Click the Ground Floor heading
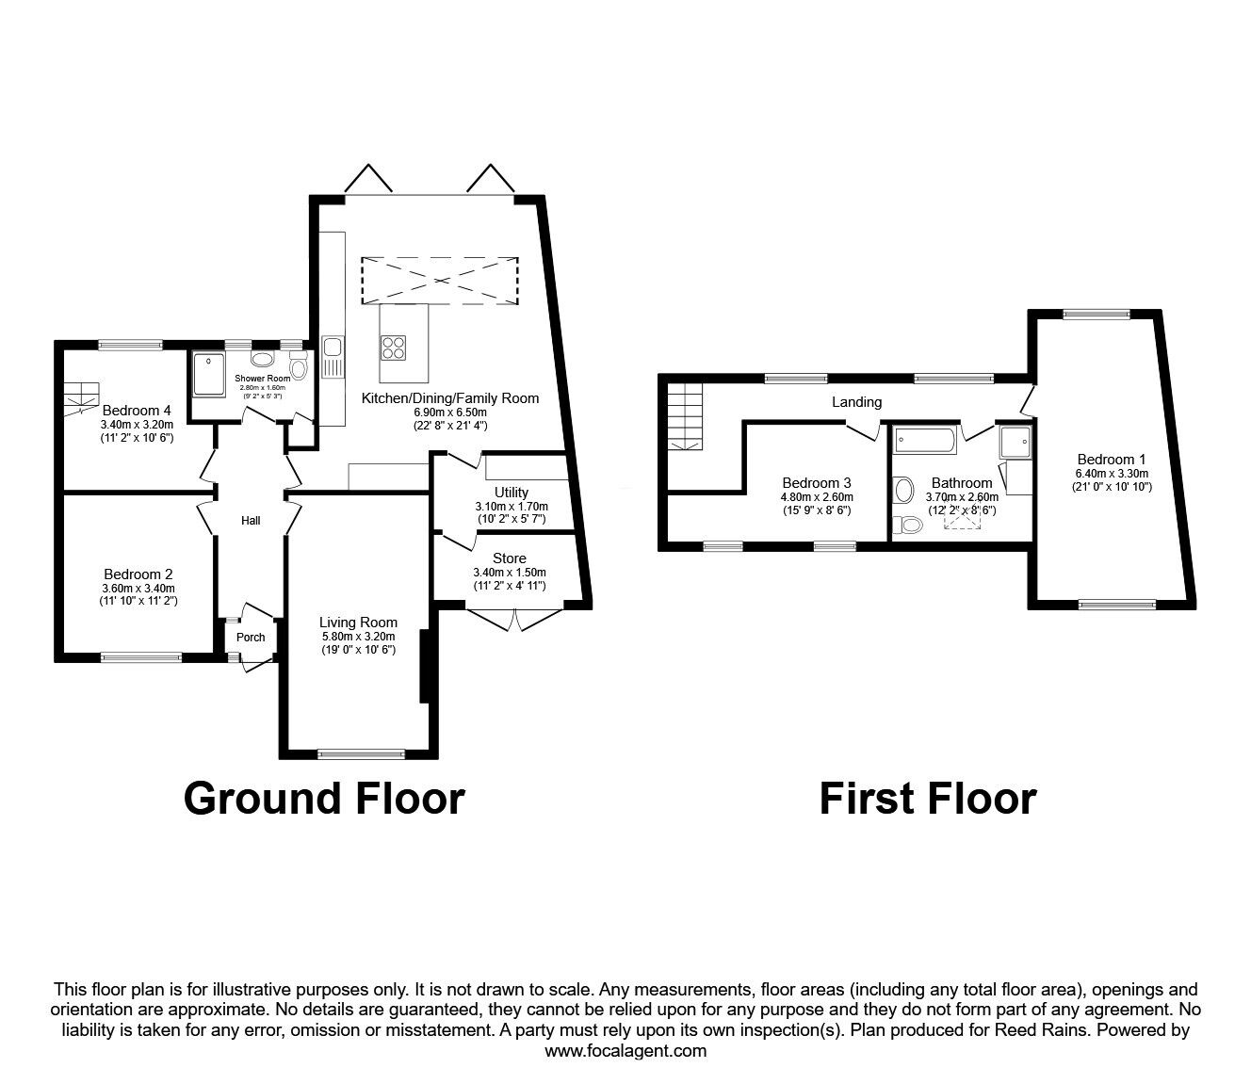pos(324,798)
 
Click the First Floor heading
pos(927,798)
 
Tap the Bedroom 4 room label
pos(137,411)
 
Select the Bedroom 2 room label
pos(138,574)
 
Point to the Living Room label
pos(358,623)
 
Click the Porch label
pos(251,638)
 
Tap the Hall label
pos(251,521)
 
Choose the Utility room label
pos(512,493)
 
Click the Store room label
pos(510,558)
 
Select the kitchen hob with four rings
pos(395,348)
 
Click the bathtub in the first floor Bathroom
pos(924,438)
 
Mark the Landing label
pos(856,402)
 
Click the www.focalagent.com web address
pos(625,1051)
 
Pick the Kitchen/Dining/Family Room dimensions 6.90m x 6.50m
pos(449,413)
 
